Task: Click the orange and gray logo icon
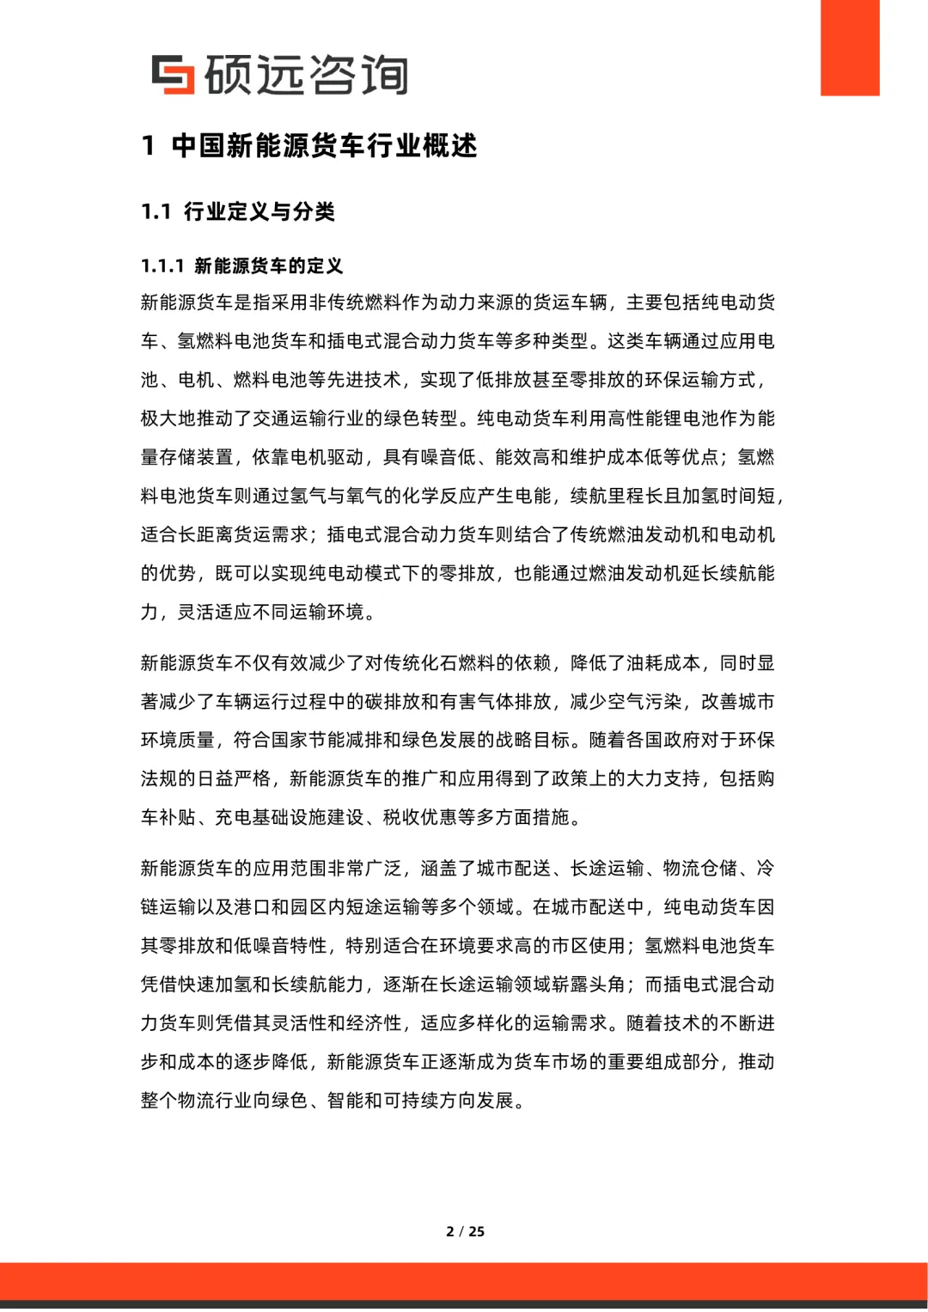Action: pyautogui.click(x=173, y=75)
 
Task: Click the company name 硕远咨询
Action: pyautogui.click(x=306, y=75)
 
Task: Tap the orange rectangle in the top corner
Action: pyautogui.click(x=849, y=47)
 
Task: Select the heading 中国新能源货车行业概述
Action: pyautogui.click(x=324, y=146)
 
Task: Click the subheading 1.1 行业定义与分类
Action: pyautogui.click(x=238, y=212)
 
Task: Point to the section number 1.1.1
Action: pyautogui.click(x=162, y=266)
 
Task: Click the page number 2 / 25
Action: pyautogui.click(x=465, y=1231)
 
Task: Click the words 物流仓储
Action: pyautogui.click(x=700, y=869)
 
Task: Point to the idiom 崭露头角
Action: pyautogui.click(x=589, y=985)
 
